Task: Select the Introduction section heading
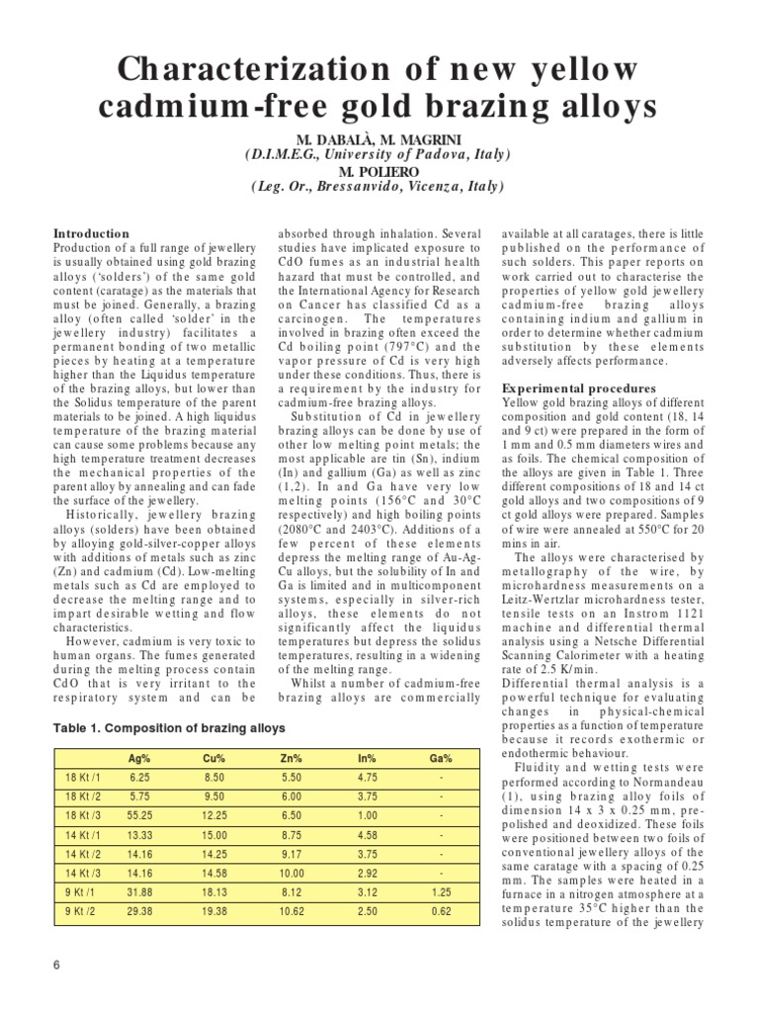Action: pyautogui.click(x=91, y=233)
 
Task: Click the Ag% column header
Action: pyautogui.click(x=139, y=759)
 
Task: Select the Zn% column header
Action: pyautogui.click(x=291, y=759)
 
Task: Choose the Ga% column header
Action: pyautogui.click(x=441, y=759)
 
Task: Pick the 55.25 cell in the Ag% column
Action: pyautogui.click(x=139, y=815)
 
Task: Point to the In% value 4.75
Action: pyautogui.click(x=366, y=778)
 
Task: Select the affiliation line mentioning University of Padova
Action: pyautogui.click(x=379, y=154)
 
